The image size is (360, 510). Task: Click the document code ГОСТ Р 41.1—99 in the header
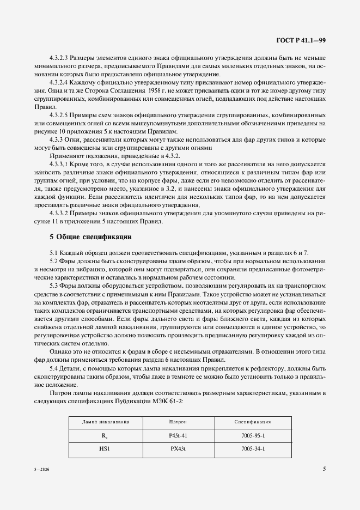(301, 40)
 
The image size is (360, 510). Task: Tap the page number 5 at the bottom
(324, 468)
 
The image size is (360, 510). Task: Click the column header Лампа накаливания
(105, 422)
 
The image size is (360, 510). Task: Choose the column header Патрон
(178, 422)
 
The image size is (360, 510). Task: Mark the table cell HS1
(105, 450)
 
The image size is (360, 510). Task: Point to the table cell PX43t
(178, 450)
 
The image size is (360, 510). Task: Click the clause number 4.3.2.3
(60, 57)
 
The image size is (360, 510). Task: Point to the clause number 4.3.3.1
(60, 163)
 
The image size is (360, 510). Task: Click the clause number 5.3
(54, 286)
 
